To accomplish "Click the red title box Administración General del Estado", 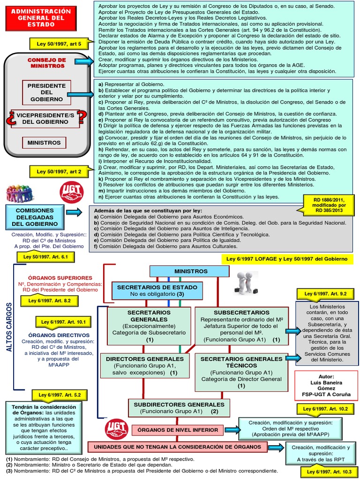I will [45, 18].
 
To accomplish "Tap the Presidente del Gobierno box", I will [46, 92].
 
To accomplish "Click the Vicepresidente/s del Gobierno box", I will [45, 118].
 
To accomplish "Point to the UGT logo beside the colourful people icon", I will [72, 192].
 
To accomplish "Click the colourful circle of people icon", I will [20, 193].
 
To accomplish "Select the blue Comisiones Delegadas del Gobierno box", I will [35, 217].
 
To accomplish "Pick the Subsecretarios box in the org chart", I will [241, 325].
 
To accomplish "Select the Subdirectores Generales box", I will [179, 407].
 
